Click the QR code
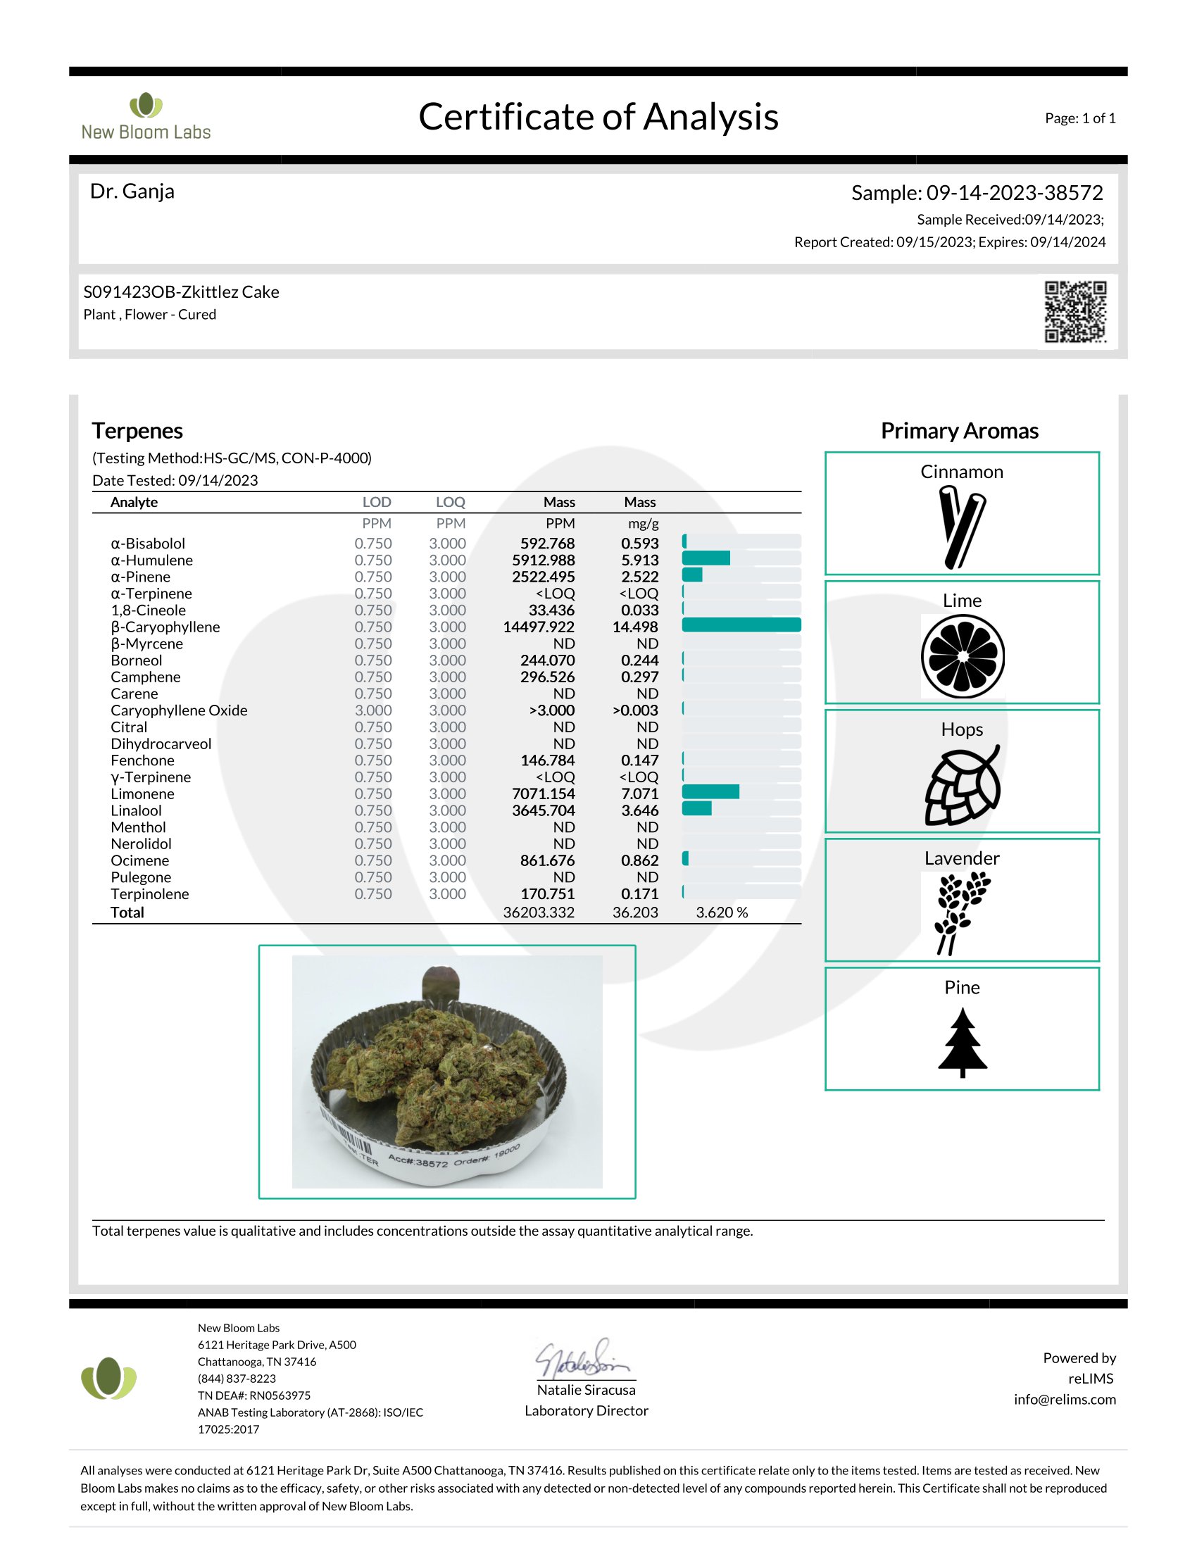coord(1075,311)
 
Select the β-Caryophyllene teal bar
coord(741,625)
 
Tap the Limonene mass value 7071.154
coord(543,794)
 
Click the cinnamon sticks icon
coord(961,526)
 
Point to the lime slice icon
coord(963,656)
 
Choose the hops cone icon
coord(963,785)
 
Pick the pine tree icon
coord(963,1042)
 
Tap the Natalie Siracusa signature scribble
coord(583,1359)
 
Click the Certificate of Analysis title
coord(598,117)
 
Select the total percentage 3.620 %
coord(722,912)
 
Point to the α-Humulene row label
coord(152,560)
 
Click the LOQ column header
coord(451,502)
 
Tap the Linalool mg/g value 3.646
coord(639,810)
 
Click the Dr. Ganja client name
coord(132,192)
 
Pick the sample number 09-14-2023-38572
coord(1014,193)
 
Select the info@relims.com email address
coord(1065,1399)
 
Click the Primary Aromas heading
coord(960,430)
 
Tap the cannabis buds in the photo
coord(439,1063)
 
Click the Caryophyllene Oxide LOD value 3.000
coord(373,710)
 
